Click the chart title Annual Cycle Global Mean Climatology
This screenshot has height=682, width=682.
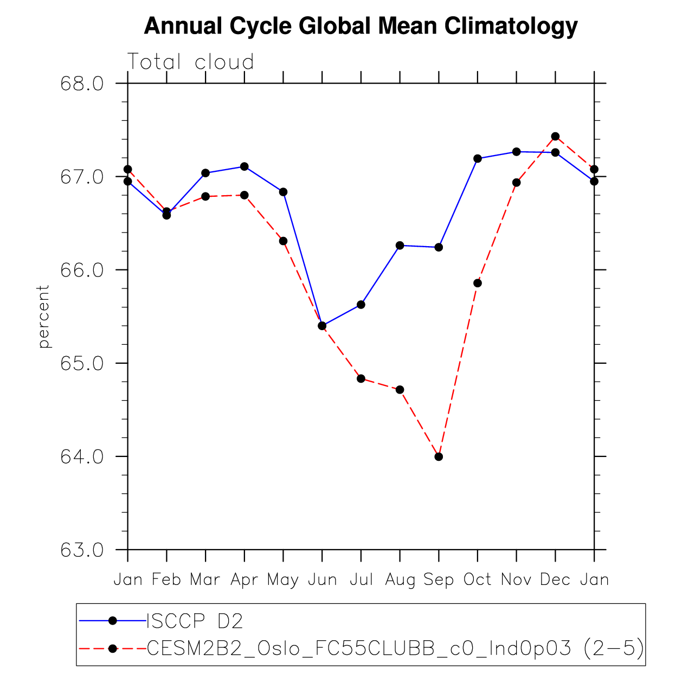(361, 26)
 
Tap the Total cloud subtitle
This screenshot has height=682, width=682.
(190, 62)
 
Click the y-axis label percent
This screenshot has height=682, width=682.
(43, 317)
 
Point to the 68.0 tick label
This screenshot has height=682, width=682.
(82, 84)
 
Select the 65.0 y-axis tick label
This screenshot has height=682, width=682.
(82, 363)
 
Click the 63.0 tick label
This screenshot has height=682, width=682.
(82, 550)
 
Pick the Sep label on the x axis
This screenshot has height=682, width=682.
(439, 580)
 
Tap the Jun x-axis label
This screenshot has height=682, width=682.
(322, 580)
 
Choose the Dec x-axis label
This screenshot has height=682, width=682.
(555, 580)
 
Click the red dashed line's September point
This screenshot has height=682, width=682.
(439, 456)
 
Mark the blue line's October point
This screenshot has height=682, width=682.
(478, 158)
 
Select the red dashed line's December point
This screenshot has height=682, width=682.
(555, 136)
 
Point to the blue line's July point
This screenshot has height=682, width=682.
(361, 305)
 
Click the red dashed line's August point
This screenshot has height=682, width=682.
(400, 390)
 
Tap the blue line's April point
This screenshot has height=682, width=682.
(245, 166)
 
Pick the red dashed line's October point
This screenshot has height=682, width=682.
(478, 283)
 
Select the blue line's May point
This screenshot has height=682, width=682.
(283, 192)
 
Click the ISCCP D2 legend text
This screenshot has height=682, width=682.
(195, 621)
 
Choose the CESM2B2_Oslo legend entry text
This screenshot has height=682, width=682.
(395, 648)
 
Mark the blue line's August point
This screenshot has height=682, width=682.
(400, 246)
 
